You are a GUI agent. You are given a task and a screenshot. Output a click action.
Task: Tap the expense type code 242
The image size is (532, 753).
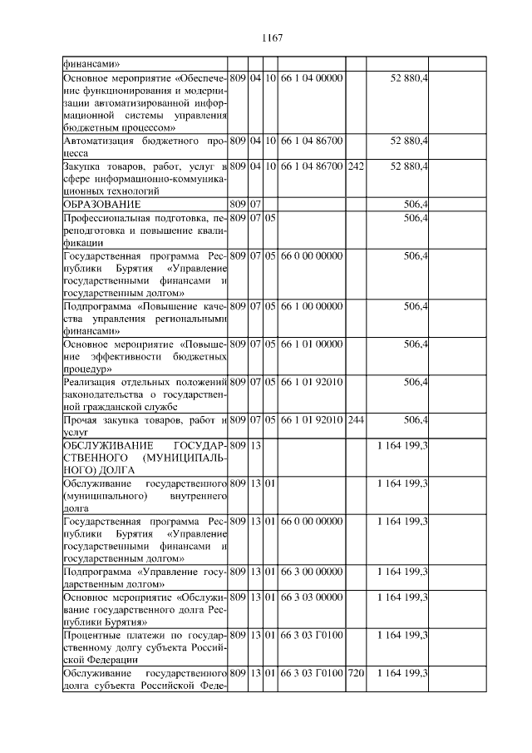[x=356, y=166]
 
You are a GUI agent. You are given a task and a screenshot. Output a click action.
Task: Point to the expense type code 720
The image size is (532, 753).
[x=356, y=671]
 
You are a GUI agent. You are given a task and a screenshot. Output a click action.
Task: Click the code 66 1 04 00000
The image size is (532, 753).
[x=310, y=77]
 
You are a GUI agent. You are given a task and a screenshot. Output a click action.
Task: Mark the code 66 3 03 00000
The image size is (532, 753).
[x=310, y=597]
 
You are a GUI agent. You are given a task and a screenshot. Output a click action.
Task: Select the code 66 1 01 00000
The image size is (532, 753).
[x=310, y=344]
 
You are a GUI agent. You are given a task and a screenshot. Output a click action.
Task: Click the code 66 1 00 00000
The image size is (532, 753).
[x=310, y=306]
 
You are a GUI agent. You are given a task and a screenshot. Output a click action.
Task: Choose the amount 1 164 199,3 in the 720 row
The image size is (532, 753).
[x=402, y=671]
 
